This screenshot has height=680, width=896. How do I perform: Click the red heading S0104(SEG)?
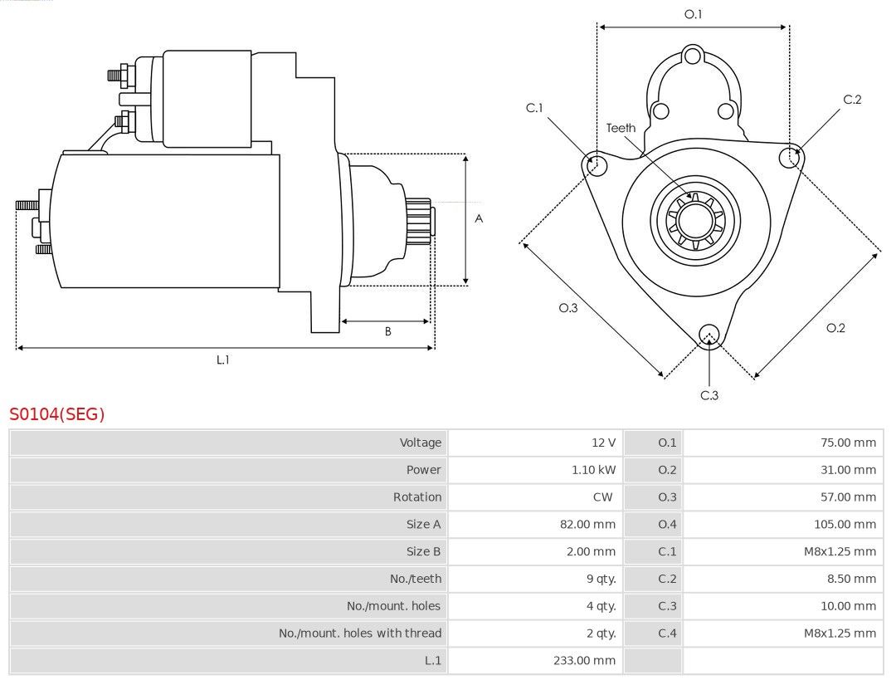point(57,413)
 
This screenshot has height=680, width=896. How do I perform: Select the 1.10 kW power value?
point(594,470)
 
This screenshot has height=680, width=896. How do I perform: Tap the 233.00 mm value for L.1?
point(585,661)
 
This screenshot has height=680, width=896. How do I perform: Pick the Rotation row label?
point(417,497)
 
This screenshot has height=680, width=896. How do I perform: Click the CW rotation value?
point(603,497)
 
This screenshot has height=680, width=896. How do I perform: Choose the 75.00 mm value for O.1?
point(848,443)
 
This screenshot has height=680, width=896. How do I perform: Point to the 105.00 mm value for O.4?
point(845,525)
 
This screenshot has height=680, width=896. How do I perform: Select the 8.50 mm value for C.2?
point(851,579)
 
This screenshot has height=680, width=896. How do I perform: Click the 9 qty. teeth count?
point(601,579)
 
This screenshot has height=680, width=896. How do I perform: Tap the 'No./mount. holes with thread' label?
point(360,634)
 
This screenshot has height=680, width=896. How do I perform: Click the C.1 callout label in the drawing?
point(534,107)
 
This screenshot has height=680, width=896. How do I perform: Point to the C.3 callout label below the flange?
point(709,395)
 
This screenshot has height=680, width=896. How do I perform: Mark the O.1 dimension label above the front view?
point(693,14)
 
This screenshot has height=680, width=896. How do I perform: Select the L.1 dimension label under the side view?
point(223,360)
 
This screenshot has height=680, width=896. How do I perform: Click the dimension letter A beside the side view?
point(479,218)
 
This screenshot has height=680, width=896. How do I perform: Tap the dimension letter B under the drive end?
point(388,331)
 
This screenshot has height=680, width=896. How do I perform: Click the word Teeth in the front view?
point(621,128)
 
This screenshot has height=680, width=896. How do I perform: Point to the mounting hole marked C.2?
point(791,156)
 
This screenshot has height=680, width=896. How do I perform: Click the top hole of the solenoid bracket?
point(693,56)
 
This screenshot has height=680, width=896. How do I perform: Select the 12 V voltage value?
point(603,443)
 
